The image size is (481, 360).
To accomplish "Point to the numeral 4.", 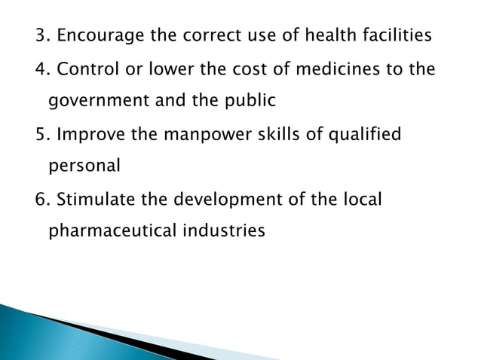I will (42, 69).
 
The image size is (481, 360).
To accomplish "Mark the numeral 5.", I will (42, 135).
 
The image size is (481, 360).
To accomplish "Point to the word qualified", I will (369, 135).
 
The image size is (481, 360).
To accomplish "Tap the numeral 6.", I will (42, 200).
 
